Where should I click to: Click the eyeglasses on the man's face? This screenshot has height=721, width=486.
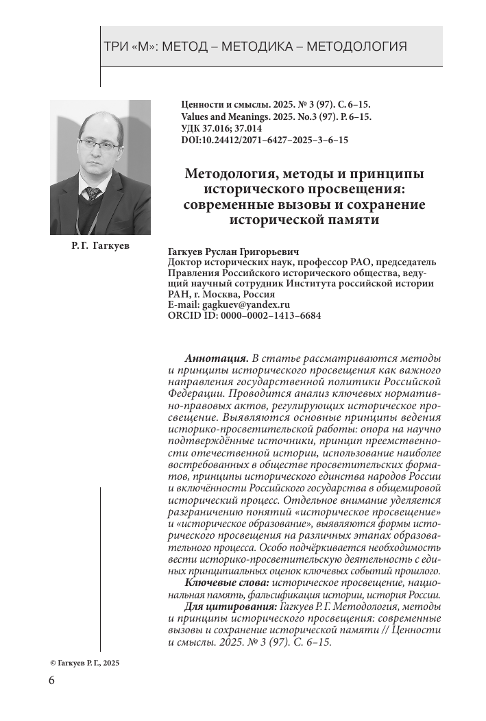click(x=98, y=143)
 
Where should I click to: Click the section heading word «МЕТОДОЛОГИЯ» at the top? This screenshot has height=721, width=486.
click(x=356, y=47)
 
